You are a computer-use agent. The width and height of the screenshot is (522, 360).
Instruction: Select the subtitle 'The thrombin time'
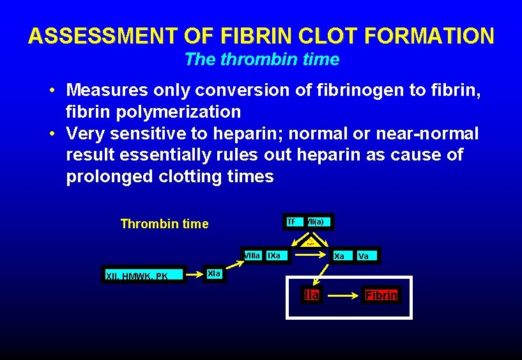pyautogui.click(x=261, y=59)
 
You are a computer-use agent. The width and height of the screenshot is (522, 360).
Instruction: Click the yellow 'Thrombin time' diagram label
pyautogui.click(x=164, y=224)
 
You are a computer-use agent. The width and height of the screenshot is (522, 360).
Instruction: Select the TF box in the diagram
pyautogui.click(x=292, y=222)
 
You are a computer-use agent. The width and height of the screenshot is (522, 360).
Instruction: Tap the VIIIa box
pyautogui.click(x=252, y=256)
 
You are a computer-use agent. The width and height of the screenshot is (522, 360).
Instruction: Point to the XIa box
pyautogui.click(x=215, y=274)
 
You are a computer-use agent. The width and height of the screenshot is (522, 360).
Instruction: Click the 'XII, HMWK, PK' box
pyautogui.click(x=137, y=276)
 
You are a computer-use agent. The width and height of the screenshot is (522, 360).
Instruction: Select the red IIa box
pyautogui.click(x=312, y=295)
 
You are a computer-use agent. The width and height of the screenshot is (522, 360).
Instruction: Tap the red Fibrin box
pyautogui.click(x=381, y=295)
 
